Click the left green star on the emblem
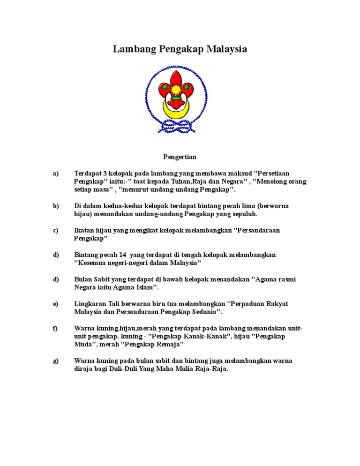pyautogui.click(x=165, y=87)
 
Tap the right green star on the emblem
pyautogui.click(x=188, y=87)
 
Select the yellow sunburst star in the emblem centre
pyautogui.click(x=177, y=87)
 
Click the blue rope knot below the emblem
pyautogui.click(x=176, y=125)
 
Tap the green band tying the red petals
pyautogui.click(x=177, y=98)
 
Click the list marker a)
pyautogui.click(x=56, y=173)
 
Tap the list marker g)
pyautogui.click(x=56, y=361)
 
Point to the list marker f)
pyautogui.click(x=55, y=328)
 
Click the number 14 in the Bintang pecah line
pyautogui.click(x=124, y=255)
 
